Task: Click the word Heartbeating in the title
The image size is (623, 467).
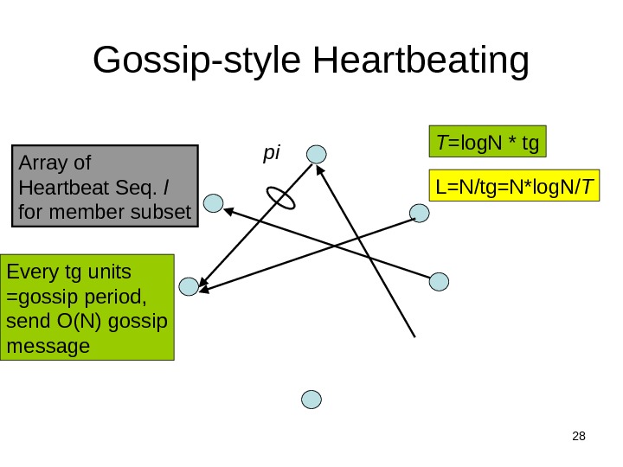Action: point(421,62)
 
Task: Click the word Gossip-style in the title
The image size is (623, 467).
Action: point(198,62)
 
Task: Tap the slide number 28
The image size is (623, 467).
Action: point(579,435)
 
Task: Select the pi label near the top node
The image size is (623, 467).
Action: point(272,153)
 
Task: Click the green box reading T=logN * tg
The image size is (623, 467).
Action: point(489,141)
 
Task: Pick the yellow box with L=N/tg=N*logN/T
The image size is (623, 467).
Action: point(515,186)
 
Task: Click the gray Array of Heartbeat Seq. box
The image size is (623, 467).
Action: point(106,185)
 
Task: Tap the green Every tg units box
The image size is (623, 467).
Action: point(87,307)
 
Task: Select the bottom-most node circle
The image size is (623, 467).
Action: point(311,399)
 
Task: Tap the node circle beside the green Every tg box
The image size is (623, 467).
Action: point(189,287)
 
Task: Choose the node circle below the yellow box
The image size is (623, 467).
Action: point(420,213)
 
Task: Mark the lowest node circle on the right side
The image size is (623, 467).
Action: point(440,281)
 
